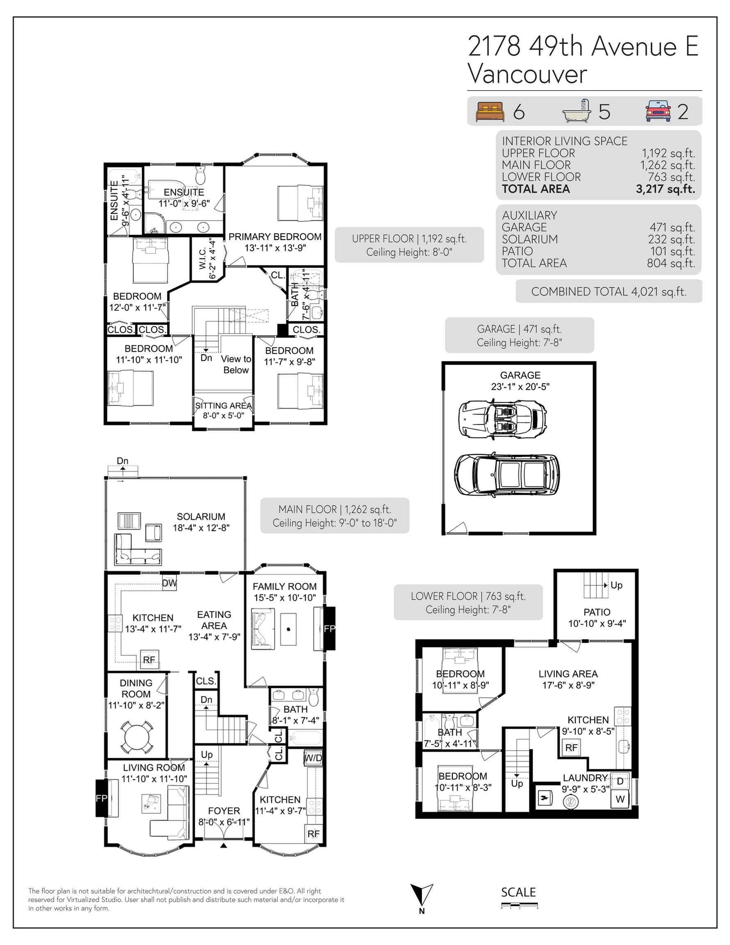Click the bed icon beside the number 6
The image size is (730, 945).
[490, 112]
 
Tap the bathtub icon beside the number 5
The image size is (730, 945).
[577, 111]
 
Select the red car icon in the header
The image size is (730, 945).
[658, 111]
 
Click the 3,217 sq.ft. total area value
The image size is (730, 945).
[665, 189]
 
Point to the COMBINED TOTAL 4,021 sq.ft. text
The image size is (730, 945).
[609, 292]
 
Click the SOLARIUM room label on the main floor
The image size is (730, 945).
[201, 516]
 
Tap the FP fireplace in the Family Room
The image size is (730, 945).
[329, 628]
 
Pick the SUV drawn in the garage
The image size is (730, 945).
[506, 474]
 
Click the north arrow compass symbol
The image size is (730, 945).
[422, 895]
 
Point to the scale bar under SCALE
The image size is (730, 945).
[520, 904]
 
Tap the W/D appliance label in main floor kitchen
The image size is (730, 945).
[313, 758]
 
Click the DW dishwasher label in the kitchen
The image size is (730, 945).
[169, 583]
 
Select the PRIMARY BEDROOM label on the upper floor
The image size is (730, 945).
[275, 237]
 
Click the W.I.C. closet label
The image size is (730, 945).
[203, 258]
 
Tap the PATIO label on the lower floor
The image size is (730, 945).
[597, 612]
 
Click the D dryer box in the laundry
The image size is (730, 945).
[620, 781]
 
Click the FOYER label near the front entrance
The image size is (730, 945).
[224, 811]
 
